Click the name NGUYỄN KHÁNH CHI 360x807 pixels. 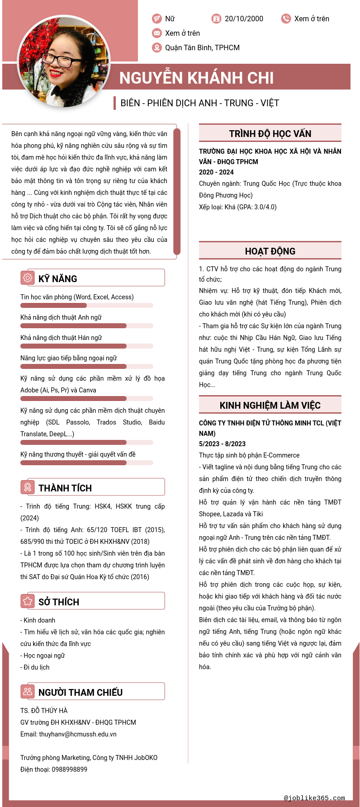196,78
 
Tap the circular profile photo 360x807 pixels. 64,61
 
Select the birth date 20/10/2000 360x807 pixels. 244,19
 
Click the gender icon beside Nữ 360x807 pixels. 157,19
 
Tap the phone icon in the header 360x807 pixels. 286,19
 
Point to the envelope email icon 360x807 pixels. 157,33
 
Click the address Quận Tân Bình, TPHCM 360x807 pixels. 202,47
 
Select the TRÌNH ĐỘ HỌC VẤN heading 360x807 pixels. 270,133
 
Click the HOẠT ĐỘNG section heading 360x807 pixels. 270,251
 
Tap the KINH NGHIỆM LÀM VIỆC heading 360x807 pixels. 270,405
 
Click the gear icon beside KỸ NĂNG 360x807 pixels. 28,278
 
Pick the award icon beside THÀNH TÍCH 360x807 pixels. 28,487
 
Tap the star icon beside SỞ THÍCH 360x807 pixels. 28,601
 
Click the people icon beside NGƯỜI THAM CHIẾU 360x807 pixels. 28,691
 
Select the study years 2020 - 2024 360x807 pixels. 216,172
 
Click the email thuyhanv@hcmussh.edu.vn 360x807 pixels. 78,734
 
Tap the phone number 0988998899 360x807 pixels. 69,769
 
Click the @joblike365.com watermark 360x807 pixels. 314,798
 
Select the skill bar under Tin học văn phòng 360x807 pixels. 87,306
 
